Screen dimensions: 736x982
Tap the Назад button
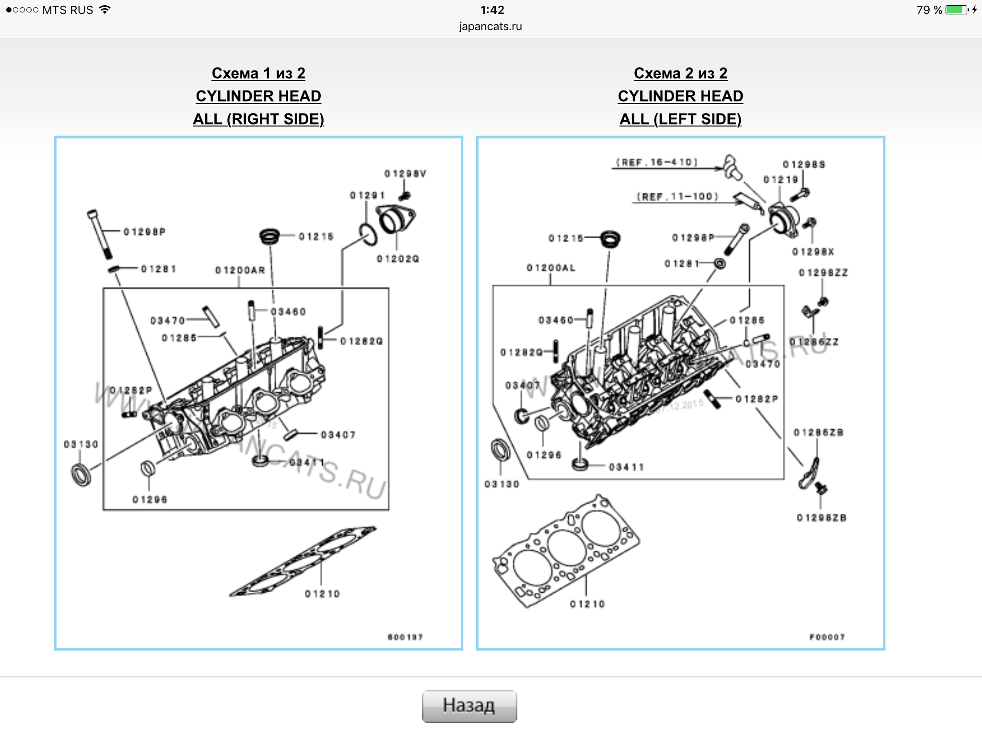click(469, 705)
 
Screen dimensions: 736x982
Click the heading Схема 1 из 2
click(258, 73)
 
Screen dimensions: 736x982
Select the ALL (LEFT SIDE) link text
click(680, 119)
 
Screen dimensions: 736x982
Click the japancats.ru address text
click(491, 26)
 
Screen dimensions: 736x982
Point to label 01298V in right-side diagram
click(405, 173)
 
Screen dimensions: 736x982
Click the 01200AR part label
click(240, 270)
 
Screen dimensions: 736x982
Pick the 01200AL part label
click(551, 268)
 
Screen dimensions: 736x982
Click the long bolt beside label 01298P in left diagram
click(100, 234)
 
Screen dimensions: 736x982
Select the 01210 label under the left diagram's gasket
click(322, 594)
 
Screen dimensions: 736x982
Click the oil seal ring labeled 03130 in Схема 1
click(81, 474)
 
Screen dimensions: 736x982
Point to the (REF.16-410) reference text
click(657, 162)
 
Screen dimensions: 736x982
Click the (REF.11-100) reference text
click(678, 196)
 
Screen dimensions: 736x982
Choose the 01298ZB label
click(821, 518)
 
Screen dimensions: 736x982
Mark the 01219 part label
click(781, 180)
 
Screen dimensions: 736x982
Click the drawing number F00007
click(827, 637)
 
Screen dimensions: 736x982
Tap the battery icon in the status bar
click(956, 10)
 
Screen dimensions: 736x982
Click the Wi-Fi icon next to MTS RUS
click(105, 10)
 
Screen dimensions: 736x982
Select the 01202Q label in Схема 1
click(398, 259)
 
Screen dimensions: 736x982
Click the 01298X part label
click(813, 252)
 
